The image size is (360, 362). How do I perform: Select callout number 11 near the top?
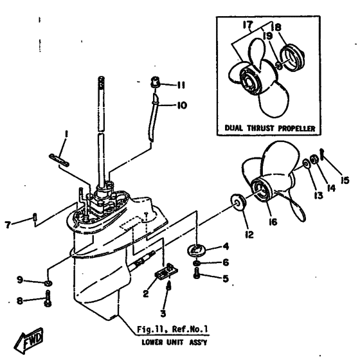tap(181, 85)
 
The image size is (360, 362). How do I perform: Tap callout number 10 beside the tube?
tap(182, 105)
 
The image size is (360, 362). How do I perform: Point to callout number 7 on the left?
tap(8, 224)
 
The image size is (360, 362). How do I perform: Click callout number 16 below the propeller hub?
tap(273, 222)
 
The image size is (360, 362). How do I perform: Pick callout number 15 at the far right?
tap(345, 180)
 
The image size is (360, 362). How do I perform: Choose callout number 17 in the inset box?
tap(248, 24)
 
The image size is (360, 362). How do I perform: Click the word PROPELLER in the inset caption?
tap(296, 129)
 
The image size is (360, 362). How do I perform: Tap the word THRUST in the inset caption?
tap(261, 128)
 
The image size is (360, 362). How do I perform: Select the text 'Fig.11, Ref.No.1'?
tap(172, 329)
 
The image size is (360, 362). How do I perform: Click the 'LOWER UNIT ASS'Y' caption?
tap(174, 342)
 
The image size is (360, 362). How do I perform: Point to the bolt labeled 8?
tap(48, 298)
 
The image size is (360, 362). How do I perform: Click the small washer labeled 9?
tap(48, 283)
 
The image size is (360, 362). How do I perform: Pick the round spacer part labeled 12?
tap(238, 203)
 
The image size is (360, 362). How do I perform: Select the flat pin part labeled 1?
tap(59, 159)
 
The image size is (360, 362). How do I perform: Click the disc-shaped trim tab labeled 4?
tap(197, 250)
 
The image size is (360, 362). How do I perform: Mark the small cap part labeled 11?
tap(155, 82)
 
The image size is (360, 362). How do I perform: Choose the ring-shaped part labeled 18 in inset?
tap(292, 57)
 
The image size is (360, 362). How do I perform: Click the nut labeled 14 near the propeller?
tap(314, 159)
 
